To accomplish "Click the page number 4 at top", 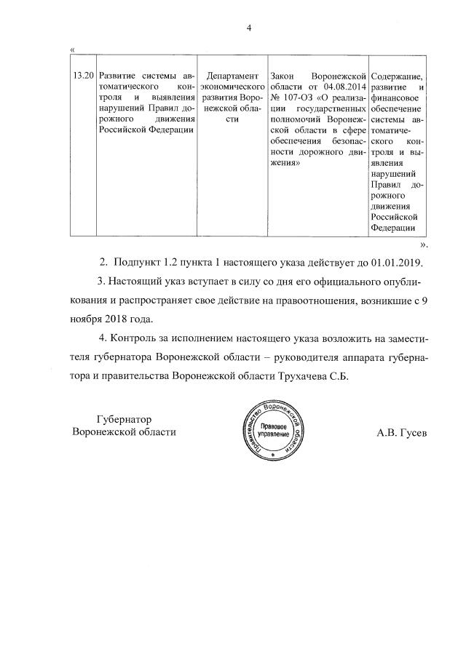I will pos(249,28).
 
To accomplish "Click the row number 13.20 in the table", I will pos(84,76).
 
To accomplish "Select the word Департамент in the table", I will pos(232,76).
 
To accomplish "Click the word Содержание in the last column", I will pos(397,76).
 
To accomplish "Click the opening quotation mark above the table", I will pos(71,49).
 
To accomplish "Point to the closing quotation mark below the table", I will pos(424,244).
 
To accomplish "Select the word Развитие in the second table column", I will pos(116,76).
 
